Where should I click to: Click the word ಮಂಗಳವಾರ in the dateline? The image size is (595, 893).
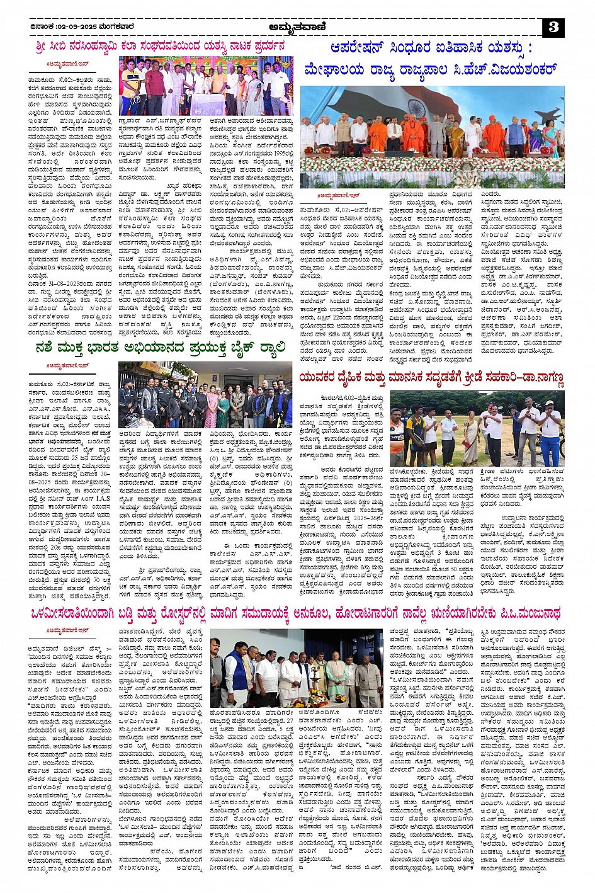(118, 26)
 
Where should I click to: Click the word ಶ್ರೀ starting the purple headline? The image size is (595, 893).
(43, 46)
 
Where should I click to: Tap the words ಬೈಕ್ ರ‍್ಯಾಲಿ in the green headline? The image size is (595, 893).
(251, 347)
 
